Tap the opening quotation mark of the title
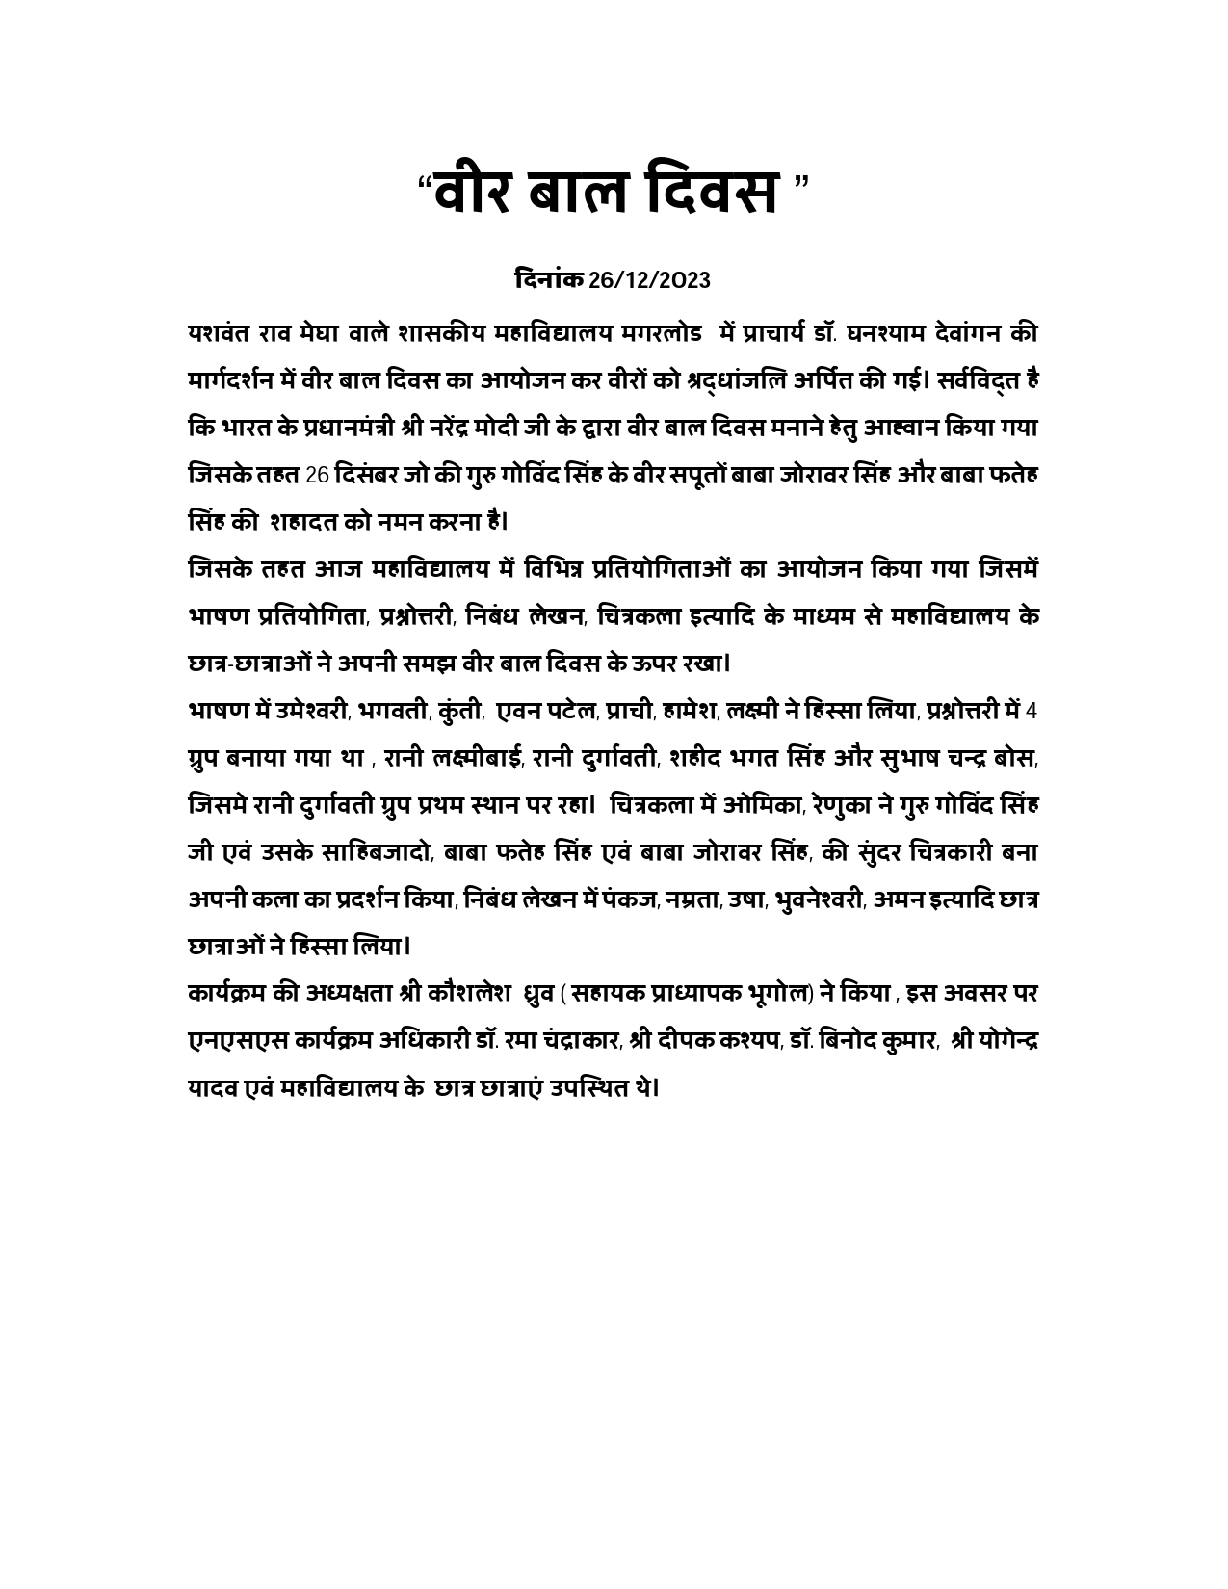coord(424,182)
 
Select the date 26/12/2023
coord(649,280)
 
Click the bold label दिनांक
coord(549,280)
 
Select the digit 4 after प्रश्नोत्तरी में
coord(1032,712)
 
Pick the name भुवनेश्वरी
coord(818,899)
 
